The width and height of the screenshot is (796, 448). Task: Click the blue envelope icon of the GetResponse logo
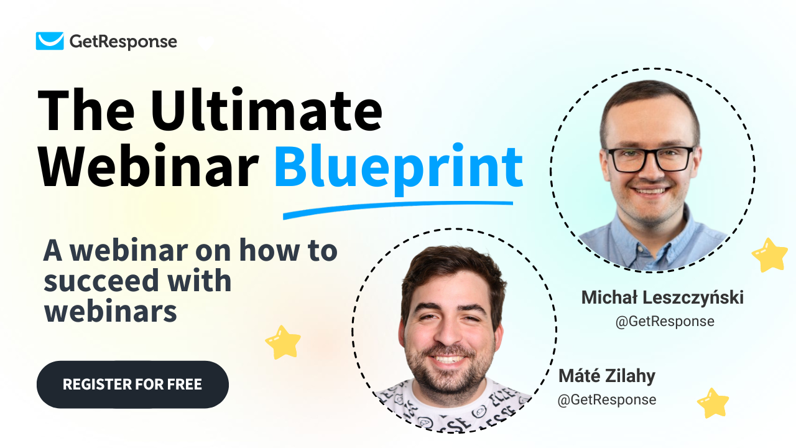[x=50, y=41]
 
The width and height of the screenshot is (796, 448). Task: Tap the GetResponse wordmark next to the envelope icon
[x=123, y=42]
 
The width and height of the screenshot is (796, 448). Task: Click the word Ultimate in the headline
[x=267, y=110]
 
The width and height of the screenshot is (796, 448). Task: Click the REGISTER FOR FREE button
[x=132, y=385]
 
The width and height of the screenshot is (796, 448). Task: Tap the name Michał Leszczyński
[x=662, y=297]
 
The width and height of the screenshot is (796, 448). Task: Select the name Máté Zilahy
[x=607, y=376]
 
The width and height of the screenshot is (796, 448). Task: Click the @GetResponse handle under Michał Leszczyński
[x=665, y=322]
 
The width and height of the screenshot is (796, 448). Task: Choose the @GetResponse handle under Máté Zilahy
[x=607, y=399]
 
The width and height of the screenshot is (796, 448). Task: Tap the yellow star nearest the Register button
[x=283, y=342]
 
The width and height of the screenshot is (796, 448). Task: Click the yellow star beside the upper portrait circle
[x=770, y=255]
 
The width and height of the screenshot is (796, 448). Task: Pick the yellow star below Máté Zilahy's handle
[x=713, y=403]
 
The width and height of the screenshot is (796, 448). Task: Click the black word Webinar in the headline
[x=149, y=166]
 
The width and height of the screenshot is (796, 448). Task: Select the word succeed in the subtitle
[x=101, y=281]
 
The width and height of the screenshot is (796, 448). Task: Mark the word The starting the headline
[x=86, y=110]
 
